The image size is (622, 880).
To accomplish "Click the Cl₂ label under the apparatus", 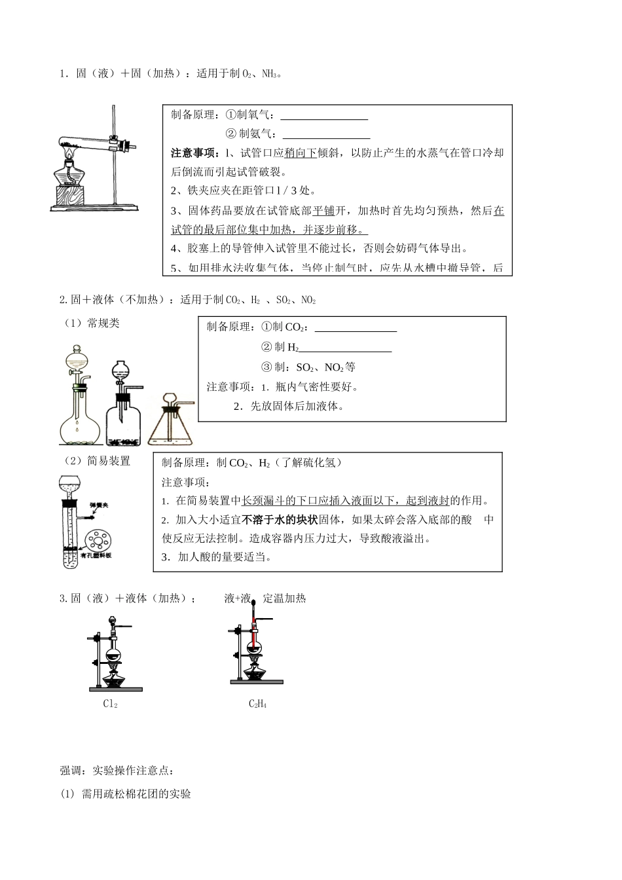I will [x=110, y=704].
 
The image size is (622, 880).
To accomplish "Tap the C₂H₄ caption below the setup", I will [x=257, y=704].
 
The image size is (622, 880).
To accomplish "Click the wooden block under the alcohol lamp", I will [x=69, y=196].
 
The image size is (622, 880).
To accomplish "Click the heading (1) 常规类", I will [x=92, y=323].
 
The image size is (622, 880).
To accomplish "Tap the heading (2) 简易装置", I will [x=97, y=461].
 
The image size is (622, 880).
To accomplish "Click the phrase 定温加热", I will [x=284, y=598].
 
